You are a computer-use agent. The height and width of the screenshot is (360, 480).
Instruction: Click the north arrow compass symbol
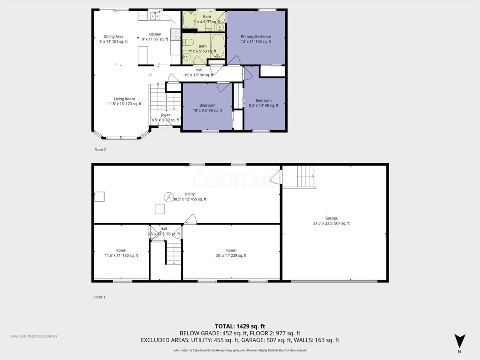point(460,341)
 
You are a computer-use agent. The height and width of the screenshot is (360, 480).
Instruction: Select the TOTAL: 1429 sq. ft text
point(240,326)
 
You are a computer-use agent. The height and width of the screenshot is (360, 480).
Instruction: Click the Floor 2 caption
point(100,150)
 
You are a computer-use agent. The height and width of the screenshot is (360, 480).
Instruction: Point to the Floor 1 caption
point(100,297)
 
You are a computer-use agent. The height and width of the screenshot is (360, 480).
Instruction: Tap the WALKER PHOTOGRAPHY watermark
point(34,336)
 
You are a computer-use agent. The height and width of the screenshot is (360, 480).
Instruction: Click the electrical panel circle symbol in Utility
point(169,197)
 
